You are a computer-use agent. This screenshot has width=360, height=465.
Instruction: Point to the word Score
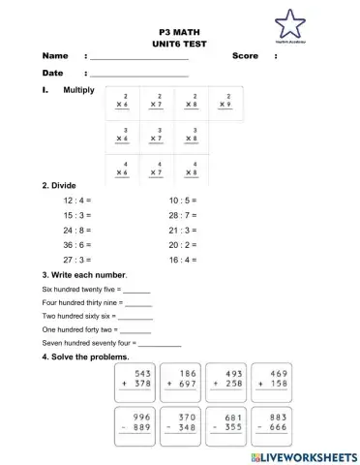[x=245, y=56]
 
